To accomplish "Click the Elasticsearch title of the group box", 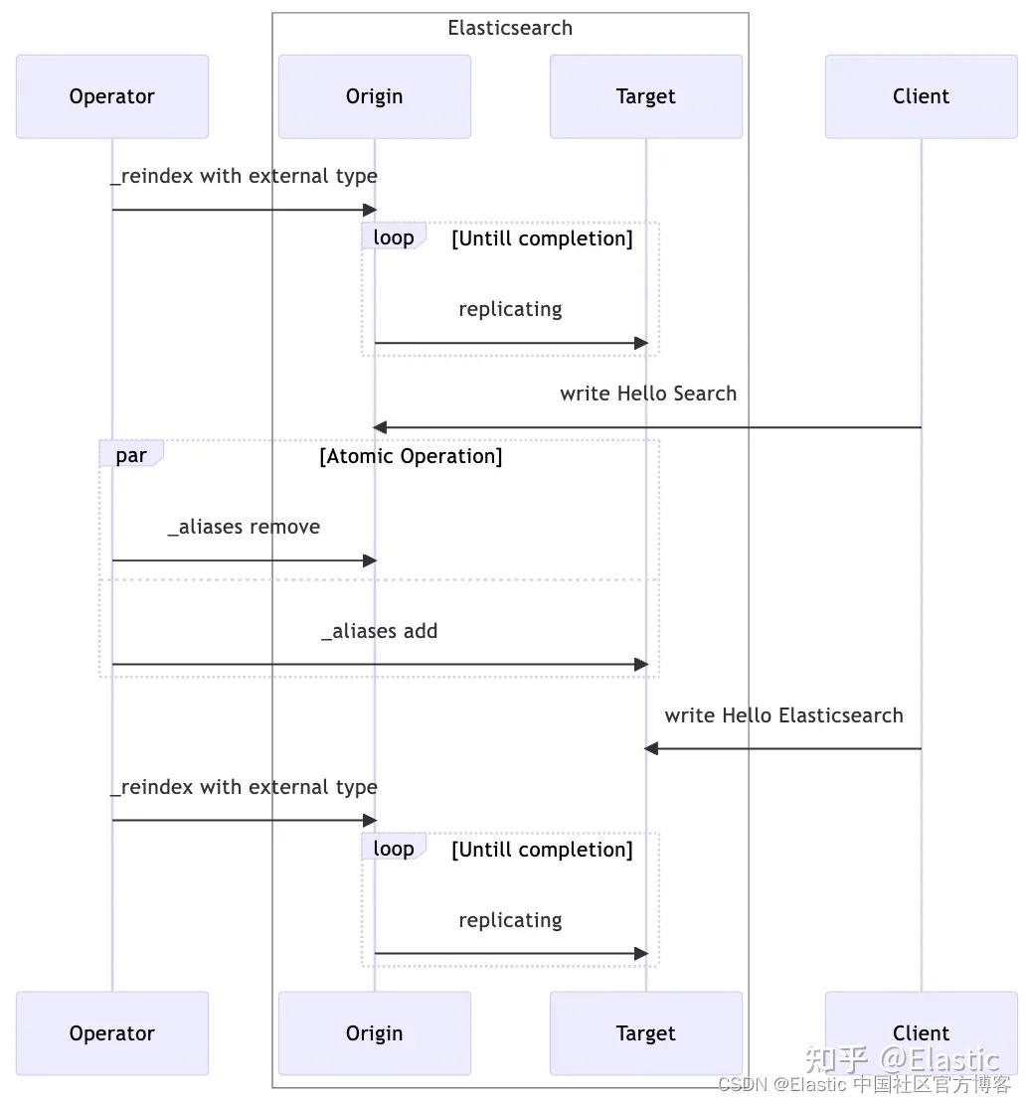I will tap(510, 28).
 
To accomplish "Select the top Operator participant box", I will tap(112, 96).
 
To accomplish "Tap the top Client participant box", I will tap(921, 96).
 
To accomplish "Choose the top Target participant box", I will tap(645, 96).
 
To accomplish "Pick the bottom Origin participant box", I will tap(374, 1033).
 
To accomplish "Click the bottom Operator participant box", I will tap(112, 1033).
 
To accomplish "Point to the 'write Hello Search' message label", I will tap(648, 394).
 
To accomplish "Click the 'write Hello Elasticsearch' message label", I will tap(783, 715).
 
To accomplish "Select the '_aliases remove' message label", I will tap(244, 527).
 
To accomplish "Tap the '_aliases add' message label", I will tap(379, 631).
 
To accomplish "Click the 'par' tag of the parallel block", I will tap(131, 455).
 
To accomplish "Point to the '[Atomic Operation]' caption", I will tap(411, 456).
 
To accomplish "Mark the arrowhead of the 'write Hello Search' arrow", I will tap(379, 427).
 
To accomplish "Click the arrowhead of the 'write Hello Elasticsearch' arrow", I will tap(650, 748).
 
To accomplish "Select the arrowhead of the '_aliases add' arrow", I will tap(642, 664).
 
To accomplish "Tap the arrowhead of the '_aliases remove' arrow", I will tap(371, 560).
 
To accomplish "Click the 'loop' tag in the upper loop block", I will tap(394, 237).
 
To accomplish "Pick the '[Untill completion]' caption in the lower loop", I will tap(542, 850).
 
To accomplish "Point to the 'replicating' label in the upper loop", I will tap(510, 309).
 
